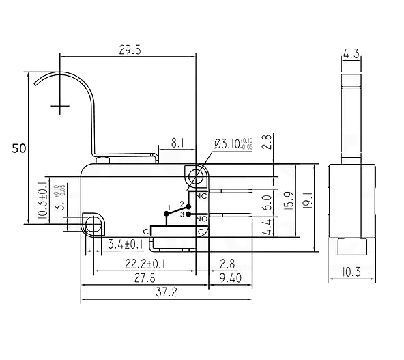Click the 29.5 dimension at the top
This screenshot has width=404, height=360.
[x=130, y=50]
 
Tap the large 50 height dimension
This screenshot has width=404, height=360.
[x=19, y=148]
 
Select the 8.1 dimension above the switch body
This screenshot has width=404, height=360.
[x=177, y=143]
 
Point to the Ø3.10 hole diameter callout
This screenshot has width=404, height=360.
[x=233, y=144]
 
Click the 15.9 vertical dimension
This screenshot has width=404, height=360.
[x=289, y=201]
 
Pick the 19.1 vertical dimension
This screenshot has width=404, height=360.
[x=308, y=200]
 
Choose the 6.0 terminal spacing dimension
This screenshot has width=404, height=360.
[x=268, y=203]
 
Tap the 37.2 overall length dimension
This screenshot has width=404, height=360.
[x=167, y=292]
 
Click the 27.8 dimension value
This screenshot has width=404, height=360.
[x=145, y=278]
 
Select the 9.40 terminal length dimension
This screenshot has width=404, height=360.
[x=231, y=278]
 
